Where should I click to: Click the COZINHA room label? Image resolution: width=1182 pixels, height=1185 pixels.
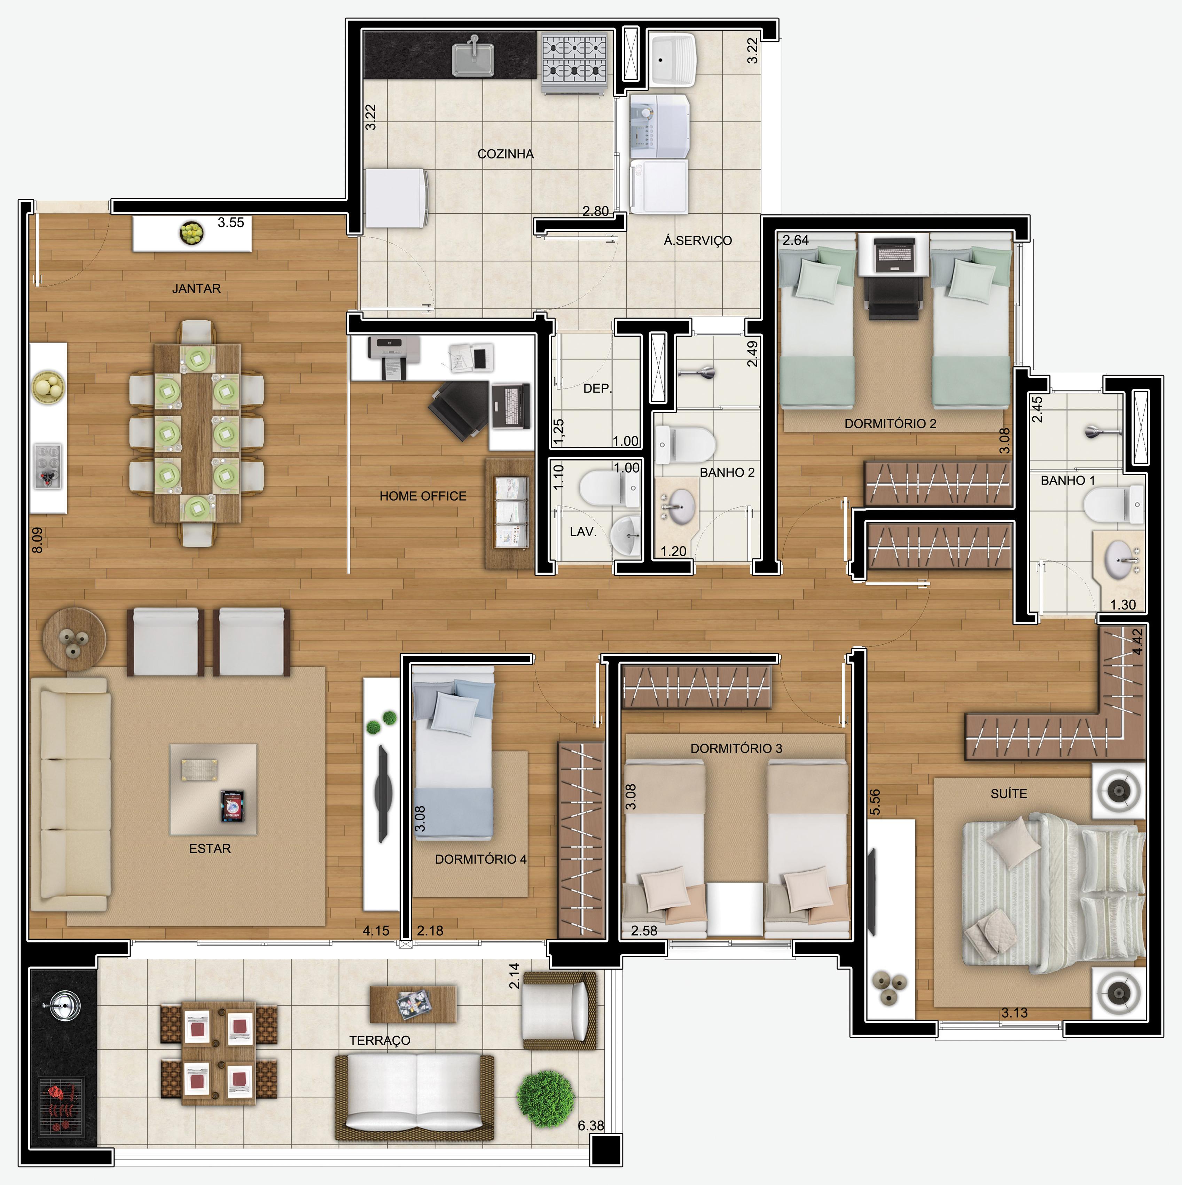tap(506, 154)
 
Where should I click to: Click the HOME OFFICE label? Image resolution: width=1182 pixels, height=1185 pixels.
tap(423, 496)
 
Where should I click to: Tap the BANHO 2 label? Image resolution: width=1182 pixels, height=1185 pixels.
tap(727, 472)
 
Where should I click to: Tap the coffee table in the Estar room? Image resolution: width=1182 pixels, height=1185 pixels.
tap(213, 790)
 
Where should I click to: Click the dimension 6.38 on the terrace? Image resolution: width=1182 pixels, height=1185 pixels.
tap(591, 1125)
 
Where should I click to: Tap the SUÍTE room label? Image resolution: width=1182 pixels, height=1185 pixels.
tap(1008, 794)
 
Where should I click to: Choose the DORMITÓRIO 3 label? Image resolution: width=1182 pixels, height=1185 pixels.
tap(736, 748)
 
